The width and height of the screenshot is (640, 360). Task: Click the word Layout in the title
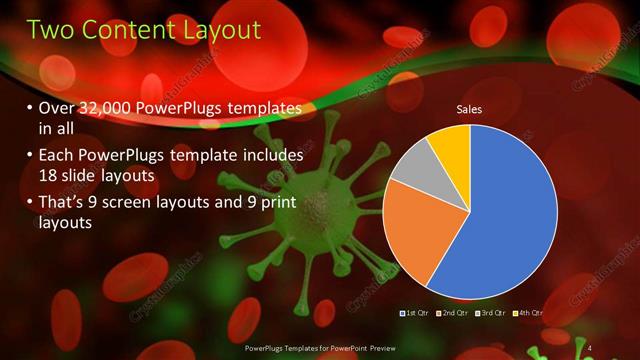click(215, 30)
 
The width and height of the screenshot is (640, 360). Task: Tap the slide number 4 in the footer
click(590, 347)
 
